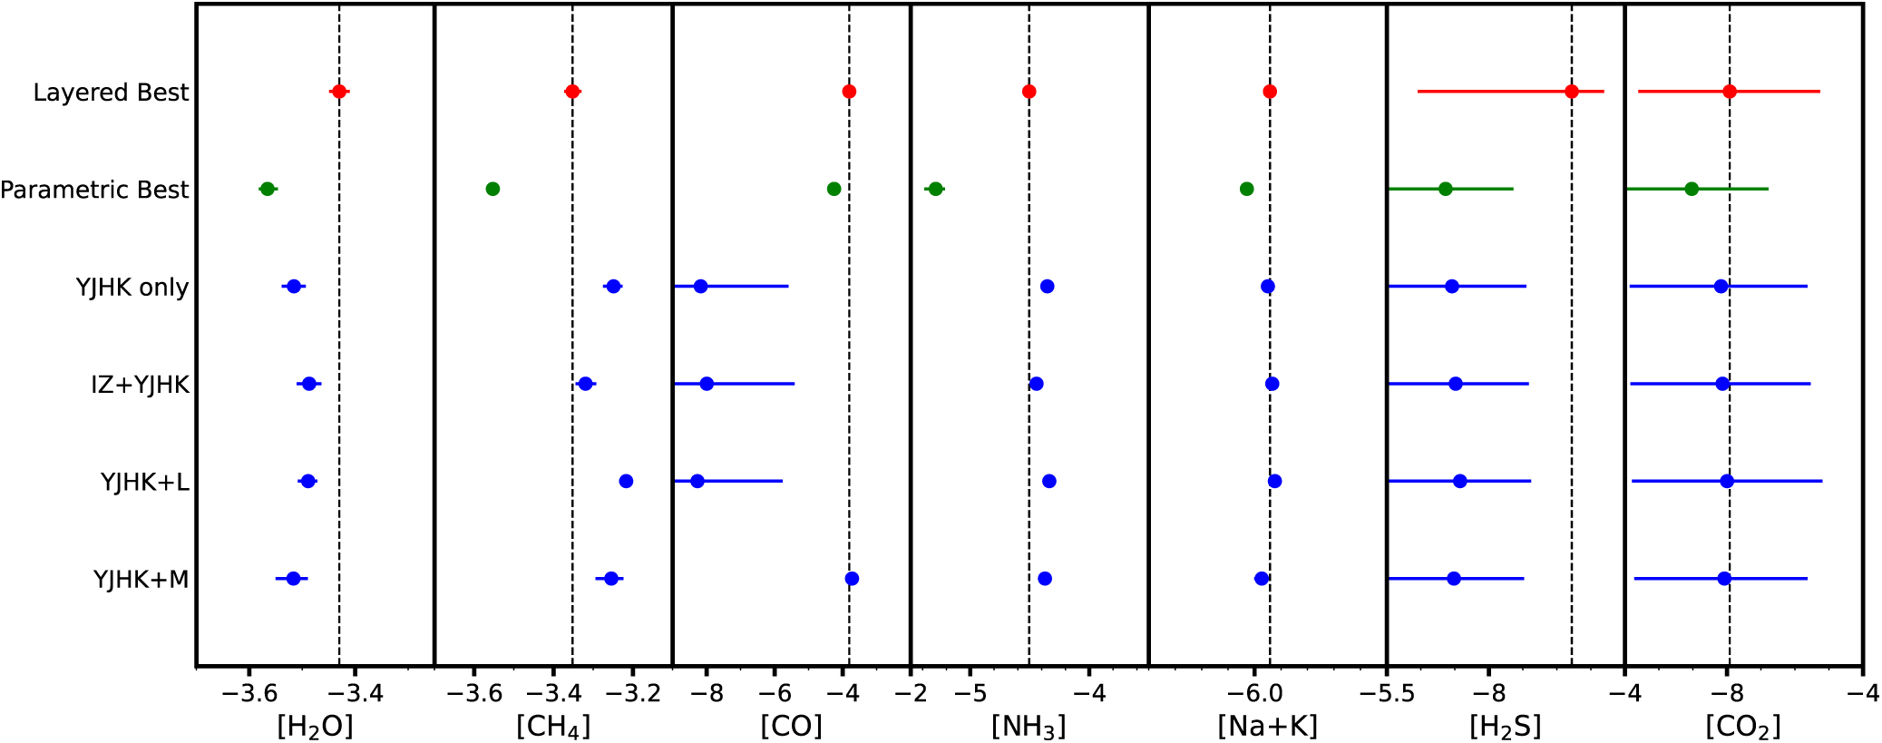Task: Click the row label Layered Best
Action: tap(111, 93)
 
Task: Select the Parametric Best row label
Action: tap(94, 190)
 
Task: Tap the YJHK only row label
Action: tap(132, 288)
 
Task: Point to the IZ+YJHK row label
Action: tap(141, 385)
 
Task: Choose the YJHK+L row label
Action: tap(145, 482)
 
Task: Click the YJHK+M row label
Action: tap(141, 579)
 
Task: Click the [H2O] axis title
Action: tap(315, 726)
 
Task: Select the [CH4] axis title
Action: tap(553, 726)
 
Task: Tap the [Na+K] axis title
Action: tap(1267, 726)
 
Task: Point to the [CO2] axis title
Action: tap(1743, 726)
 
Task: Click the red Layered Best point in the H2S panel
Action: tap(1572, 92)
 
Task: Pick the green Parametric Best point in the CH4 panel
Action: tap(492, 189)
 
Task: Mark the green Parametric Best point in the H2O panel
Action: tap(268, 189)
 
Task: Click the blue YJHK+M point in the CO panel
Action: tap(852, 579)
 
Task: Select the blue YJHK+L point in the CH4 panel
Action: tap(626, 481)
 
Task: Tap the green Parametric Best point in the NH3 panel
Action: tap(936, 189)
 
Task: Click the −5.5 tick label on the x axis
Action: tap(1387, 694)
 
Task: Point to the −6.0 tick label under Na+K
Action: tap(1254, 694)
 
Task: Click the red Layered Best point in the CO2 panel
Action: tap(1730, 92)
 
